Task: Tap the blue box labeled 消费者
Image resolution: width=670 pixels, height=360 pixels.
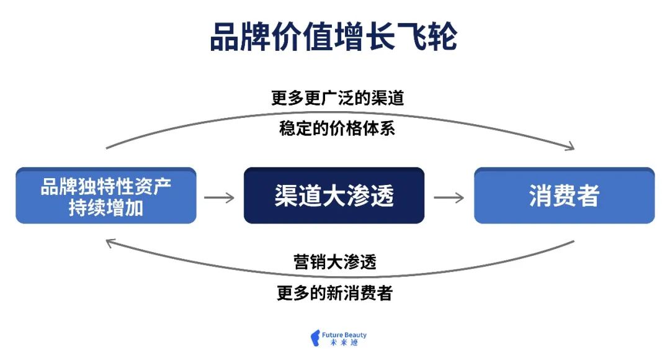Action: [x=564, y=196]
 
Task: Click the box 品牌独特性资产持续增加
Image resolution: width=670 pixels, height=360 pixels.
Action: [x=106, y=196]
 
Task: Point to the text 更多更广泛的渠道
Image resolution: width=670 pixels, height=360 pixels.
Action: [x=337, y=98]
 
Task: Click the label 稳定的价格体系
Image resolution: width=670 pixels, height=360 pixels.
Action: [x=337, y=129]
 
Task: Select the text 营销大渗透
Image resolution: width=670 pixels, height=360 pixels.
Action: [x=335, y=262]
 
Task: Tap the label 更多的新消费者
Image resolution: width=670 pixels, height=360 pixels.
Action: [x=335, y=292]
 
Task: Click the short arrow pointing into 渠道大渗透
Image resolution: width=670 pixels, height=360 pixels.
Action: [x=220, y=197]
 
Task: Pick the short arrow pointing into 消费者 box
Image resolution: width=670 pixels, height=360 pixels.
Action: [x=449, y=197]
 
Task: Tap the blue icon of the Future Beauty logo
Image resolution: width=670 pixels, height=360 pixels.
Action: [x=315, y=338]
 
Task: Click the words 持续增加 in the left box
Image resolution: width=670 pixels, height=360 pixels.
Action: [x=106, y=207]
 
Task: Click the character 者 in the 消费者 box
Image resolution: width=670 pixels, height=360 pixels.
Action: [x=588, y=196]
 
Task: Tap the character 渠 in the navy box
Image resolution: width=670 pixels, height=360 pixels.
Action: [x=287, y=196]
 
